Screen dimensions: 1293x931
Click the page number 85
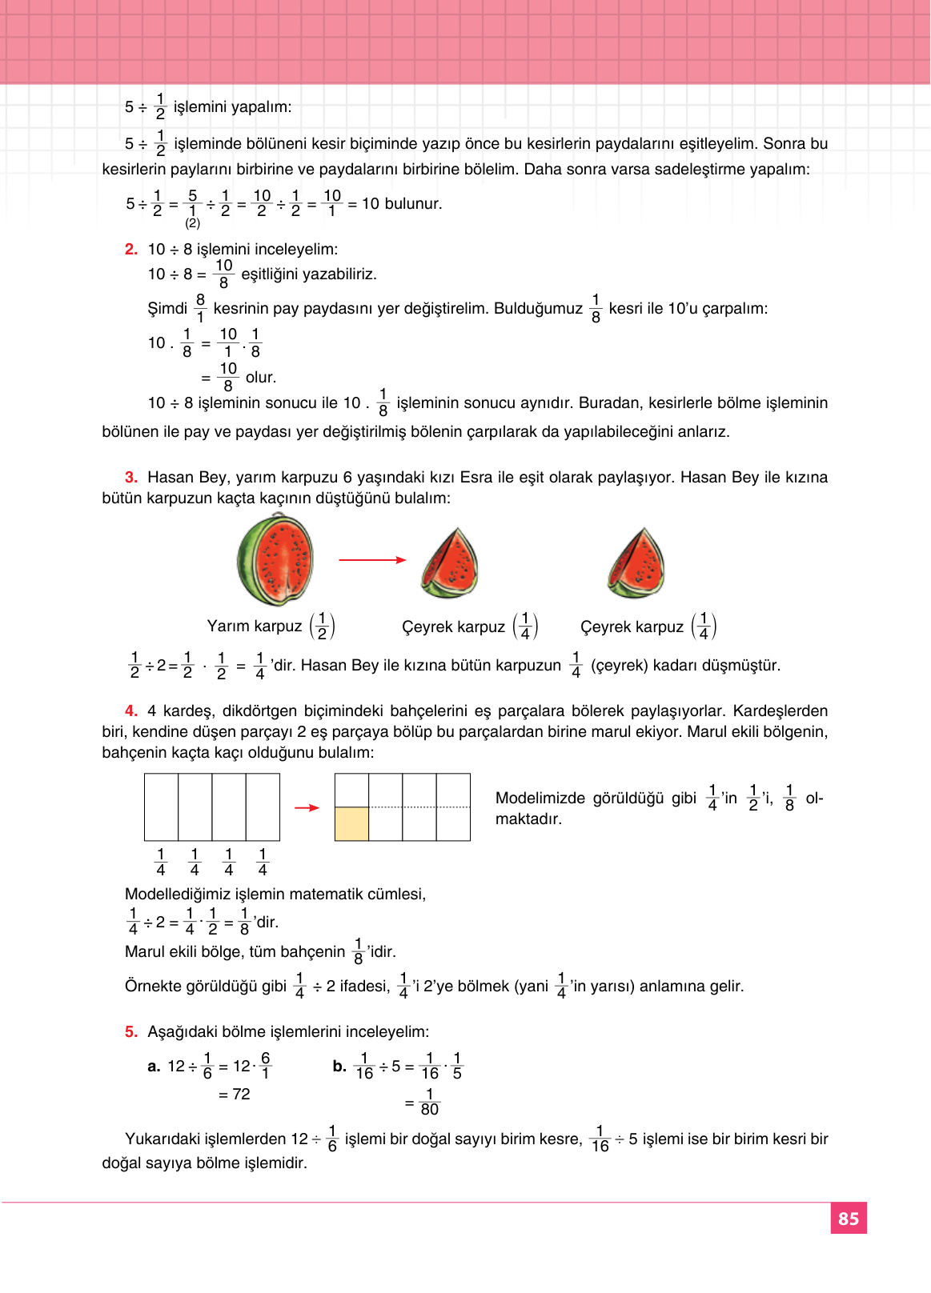tap(849, 1219)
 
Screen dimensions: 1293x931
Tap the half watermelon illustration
tap(275, 561)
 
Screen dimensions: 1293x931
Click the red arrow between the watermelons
tap(372, 560)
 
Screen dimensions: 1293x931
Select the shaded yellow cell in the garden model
tap(351, 824)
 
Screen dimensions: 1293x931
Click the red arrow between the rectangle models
tap(307, 808)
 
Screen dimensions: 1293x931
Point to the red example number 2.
tap(131, 250)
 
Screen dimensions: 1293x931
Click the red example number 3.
tap(131, 478)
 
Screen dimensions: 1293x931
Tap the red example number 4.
tap(131, 711)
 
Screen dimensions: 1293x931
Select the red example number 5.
tap(131, 1032)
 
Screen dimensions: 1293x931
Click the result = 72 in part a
tap(235, 1095)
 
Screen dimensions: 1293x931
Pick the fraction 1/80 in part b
tap(430, 1103)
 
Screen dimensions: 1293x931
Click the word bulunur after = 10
tap(413, 204)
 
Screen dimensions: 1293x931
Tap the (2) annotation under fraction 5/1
tap(192, 223)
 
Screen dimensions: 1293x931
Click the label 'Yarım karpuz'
tap(255, 626)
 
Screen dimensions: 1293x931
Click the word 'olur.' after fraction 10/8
tap(261, 378)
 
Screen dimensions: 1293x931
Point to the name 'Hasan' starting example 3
tap(170, 478)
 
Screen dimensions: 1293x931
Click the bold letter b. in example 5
tap(339, 1067)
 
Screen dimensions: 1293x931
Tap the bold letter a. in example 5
tap(154, 1067)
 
